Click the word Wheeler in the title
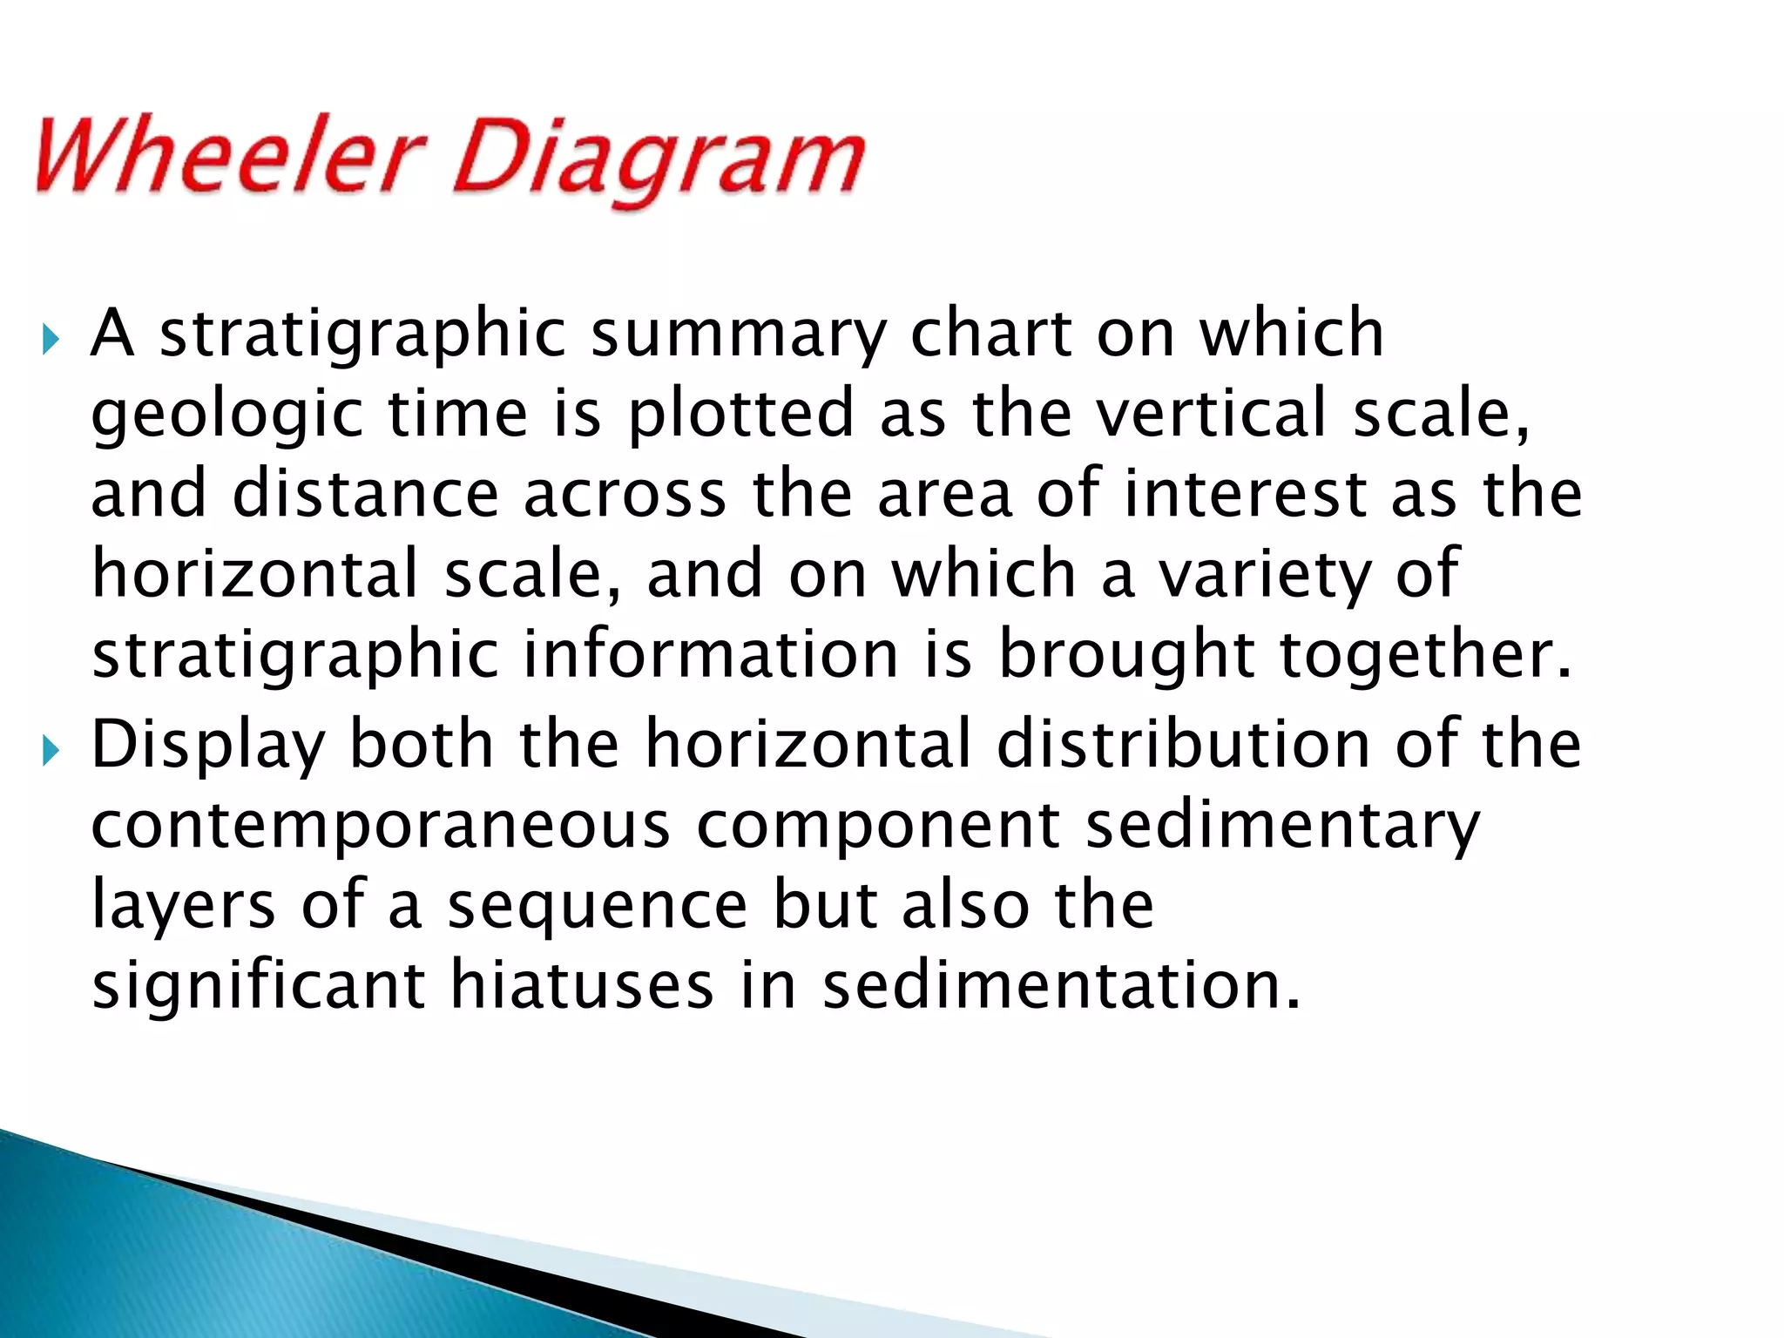(x=228, y=157)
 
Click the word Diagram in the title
(x=659, y=161)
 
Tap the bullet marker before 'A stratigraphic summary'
(x=51, y=338)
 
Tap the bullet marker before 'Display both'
(x=51, y=748)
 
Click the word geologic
(x=226, y=416)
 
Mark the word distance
(x=366, y=493)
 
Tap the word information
(x=710, y=654)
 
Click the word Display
(x=207, y=747)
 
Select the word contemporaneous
(x=381, y=825)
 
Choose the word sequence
(x=598, y=907)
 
